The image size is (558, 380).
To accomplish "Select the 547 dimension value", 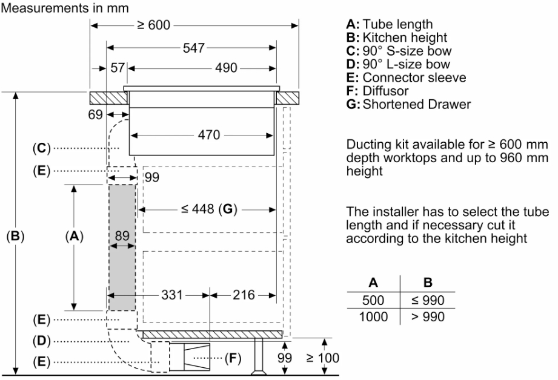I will click(x=194, y=48).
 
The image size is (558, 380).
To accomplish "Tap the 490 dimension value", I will click(x=227, y=68).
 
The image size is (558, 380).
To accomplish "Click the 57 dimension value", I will click(x=118, y=68).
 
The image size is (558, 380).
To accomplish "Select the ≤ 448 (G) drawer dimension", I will click(x=208, y=209).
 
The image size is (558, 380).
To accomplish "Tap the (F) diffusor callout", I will click(x=233, y=358).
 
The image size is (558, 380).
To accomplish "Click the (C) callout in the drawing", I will click(x=42, y=148).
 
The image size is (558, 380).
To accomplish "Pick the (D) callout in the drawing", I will click(x=42, y=341).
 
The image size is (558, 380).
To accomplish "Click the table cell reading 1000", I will click(x=373, y=316).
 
